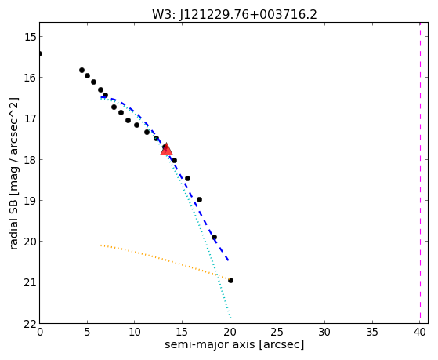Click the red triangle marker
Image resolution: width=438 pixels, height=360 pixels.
tap(166, 149)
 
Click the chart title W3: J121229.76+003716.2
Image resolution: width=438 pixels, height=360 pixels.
tap(234, 15)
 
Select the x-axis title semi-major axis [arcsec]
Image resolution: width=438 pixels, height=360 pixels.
tap(234, 344)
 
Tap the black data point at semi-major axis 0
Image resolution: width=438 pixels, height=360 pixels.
tap(40, 53)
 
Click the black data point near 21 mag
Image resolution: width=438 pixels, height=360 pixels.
tap(230, 280)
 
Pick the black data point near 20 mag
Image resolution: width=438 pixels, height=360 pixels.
tap(214, 237)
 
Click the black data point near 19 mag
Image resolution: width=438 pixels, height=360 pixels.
tap(199, 199)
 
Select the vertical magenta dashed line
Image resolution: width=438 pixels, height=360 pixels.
tap(420, 173)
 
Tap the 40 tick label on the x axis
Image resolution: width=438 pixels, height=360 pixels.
tap(419, 332)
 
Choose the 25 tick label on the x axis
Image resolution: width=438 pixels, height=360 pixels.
tap(277, 332)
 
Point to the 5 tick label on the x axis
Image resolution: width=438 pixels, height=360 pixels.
tap(87, 332)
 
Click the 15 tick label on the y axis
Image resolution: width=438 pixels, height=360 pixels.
tap(31, 37)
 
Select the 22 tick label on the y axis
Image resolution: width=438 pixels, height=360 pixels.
tap(31, 324)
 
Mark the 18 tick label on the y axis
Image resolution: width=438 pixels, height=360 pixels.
tap(31, 160)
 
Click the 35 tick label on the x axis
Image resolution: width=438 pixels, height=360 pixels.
tap(372, 332)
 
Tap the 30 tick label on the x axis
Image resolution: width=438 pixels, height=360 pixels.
tap(324, 332)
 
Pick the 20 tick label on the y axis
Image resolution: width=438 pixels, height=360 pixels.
tap(31, 242)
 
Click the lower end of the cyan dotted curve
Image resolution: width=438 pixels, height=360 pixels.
tap(230, 318)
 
